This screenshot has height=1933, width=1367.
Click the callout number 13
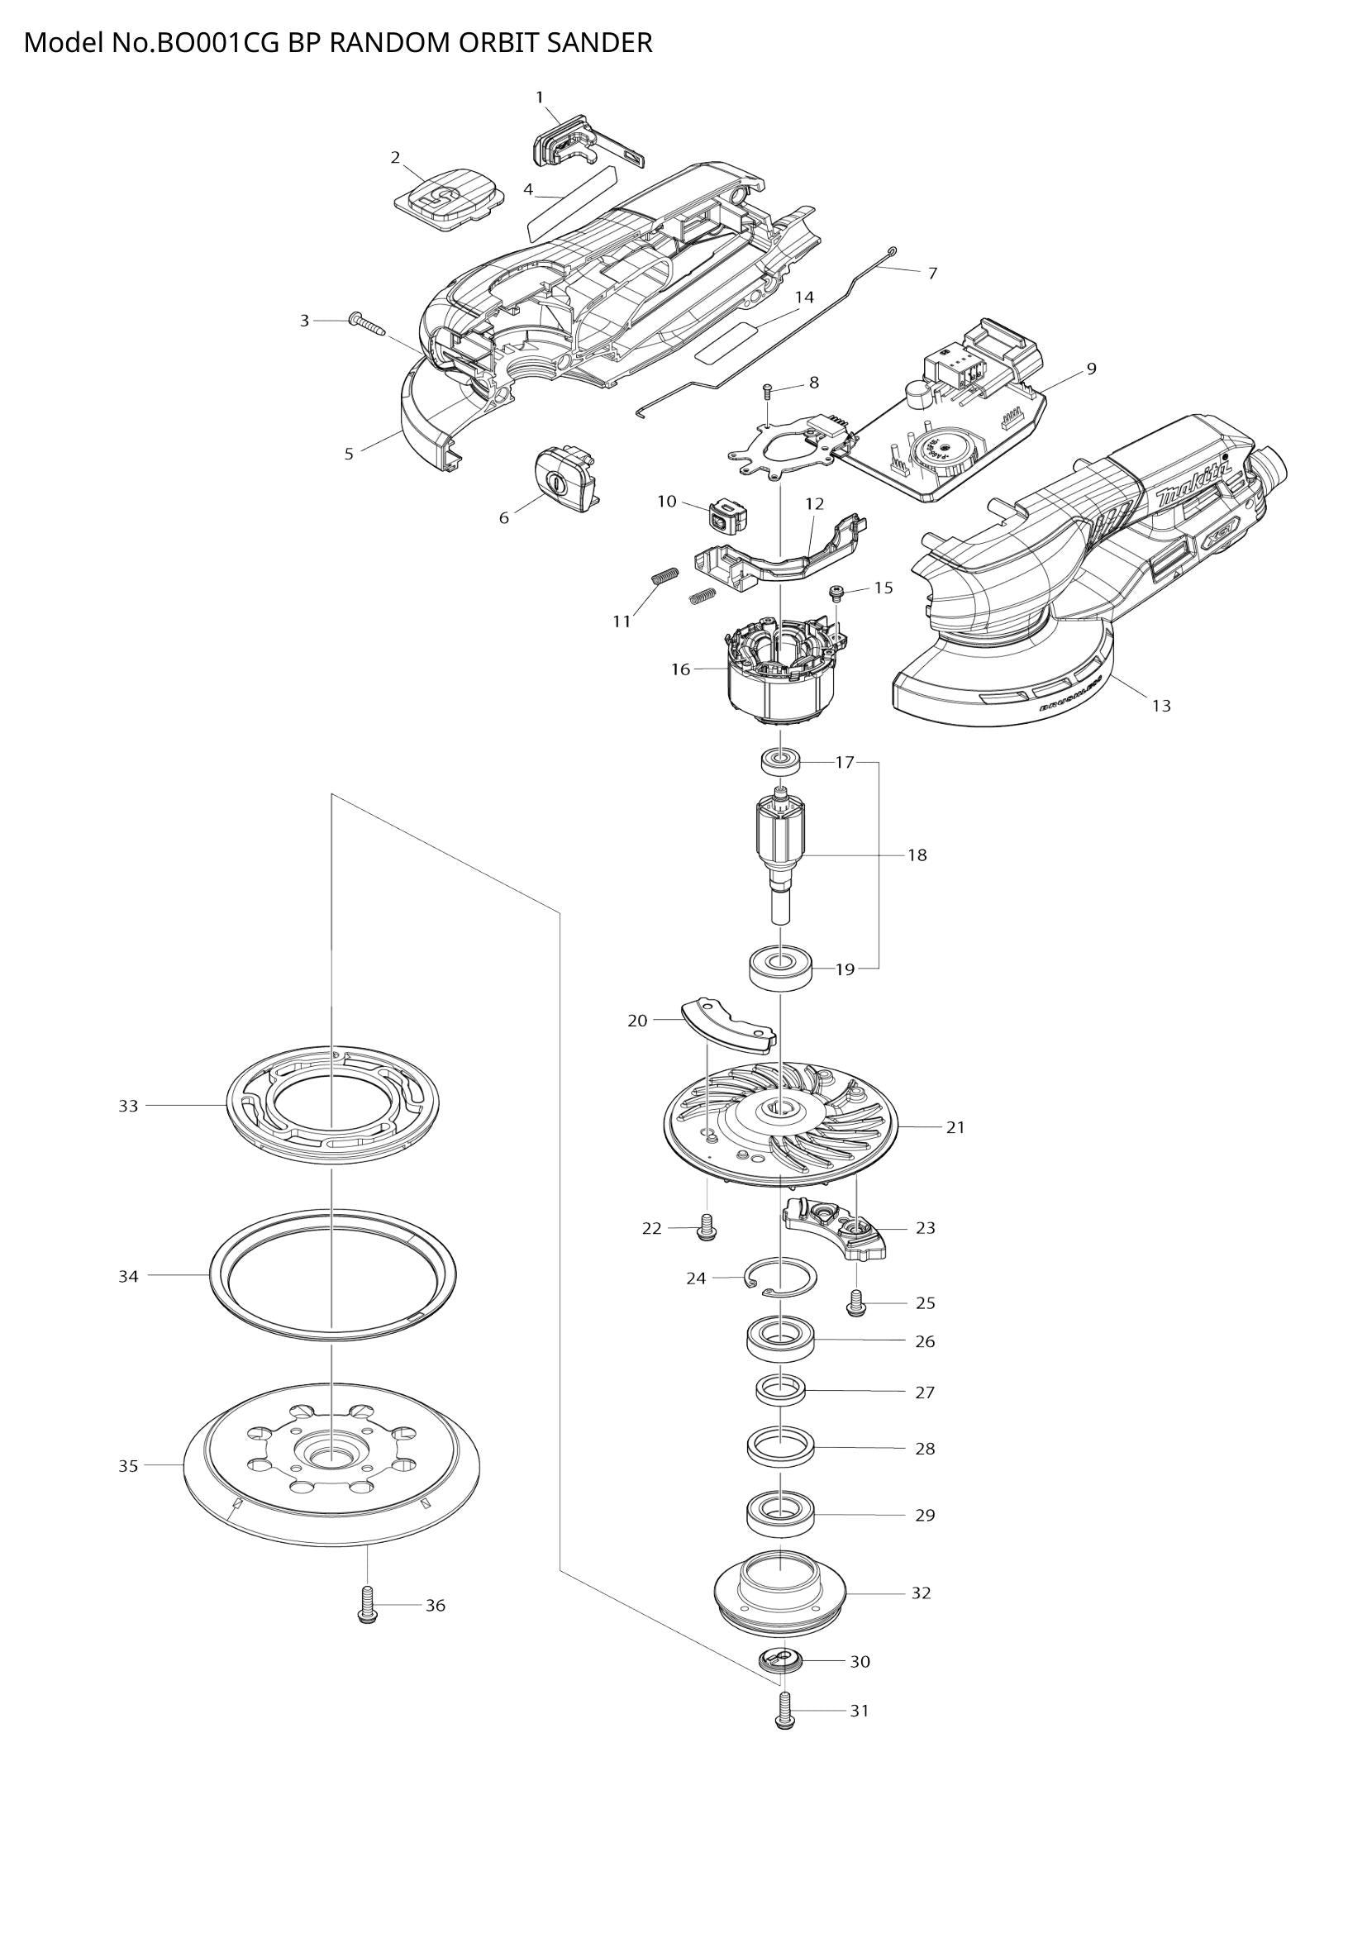tap(1160, 706)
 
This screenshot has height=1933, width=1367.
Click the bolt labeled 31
tap(784, 1711)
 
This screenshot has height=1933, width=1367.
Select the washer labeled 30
tap(780, 1662)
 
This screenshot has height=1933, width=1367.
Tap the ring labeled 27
tap(780, 1390)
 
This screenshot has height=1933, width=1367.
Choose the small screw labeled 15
tap(836, 593)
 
